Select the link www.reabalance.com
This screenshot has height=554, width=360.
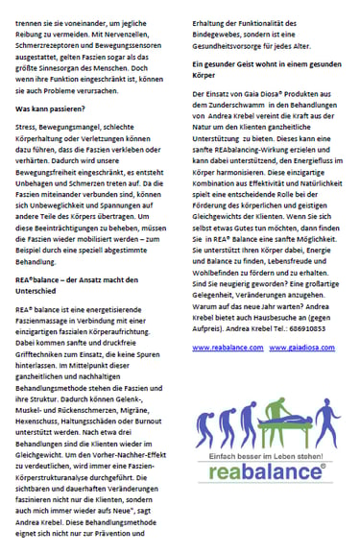point(228,347)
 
